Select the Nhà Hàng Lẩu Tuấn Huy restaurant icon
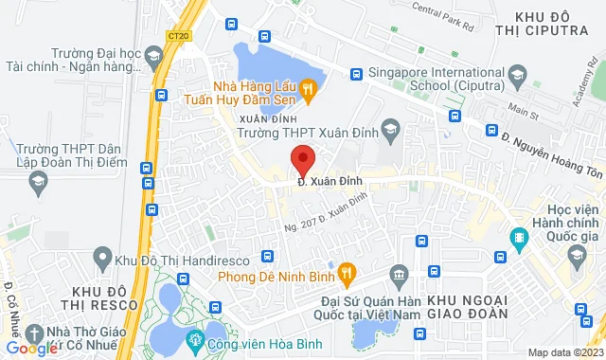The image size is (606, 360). tap(308, 89)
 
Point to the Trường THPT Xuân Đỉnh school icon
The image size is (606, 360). tap(390, 129)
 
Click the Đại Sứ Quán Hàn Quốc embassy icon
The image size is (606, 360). tap(399, 275)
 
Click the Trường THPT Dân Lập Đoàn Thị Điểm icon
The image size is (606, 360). tap(37, 177)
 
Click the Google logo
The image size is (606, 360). tap(31, 348)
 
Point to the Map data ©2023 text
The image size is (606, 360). tap(565, 352)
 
